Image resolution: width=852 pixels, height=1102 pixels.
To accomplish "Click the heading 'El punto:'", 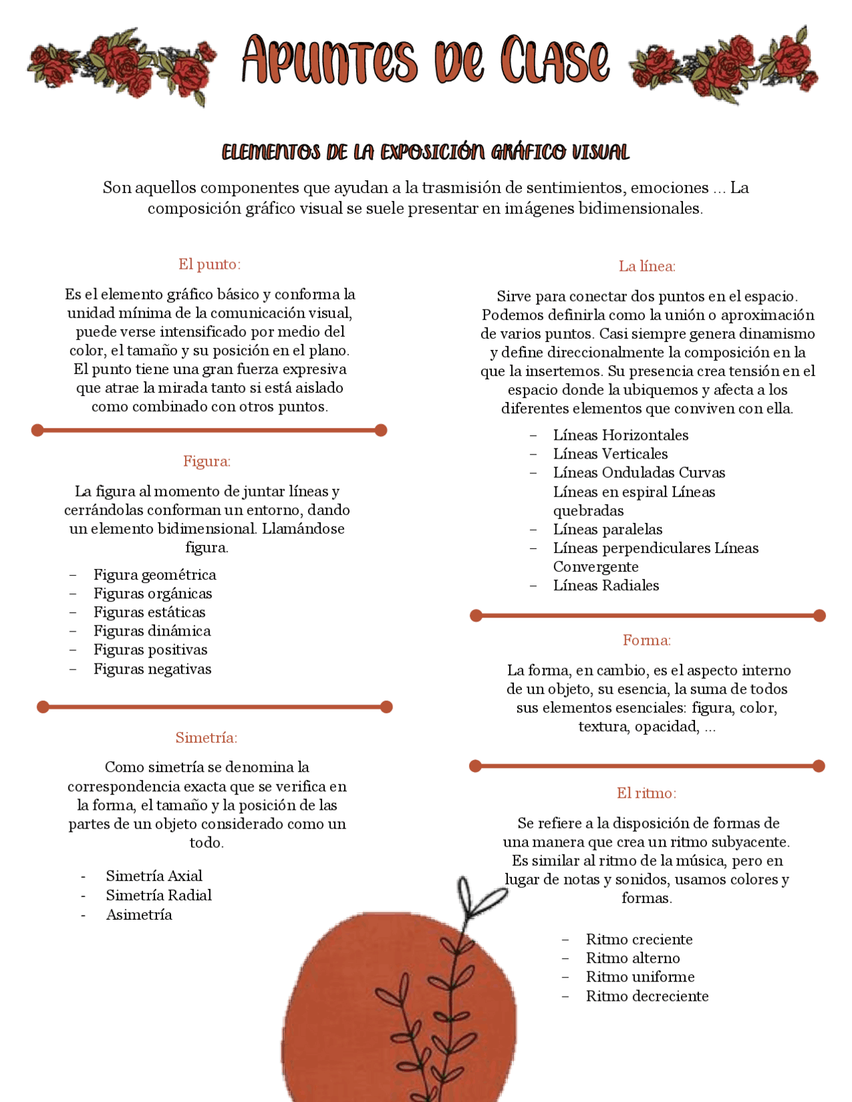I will pos(209,264).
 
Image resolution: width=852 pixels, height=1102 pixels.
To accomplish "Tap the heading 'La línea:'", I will pos(646,266).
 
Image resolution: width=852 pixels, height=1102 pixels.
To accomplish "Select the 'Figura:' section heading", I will pos(207,461).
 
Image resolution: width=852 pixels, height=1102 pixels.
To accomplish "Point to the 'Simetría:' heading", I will pos(206,737).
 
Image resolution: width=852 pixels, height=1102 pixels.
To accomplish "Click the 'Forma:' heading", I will pos(646,640).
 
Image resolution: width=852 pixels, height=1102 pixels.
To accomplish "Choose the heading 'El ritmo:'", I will pos(646,793).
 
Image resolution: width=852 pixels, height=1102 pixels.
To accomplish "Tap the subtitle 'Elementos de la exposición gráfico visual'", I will pos(425,152).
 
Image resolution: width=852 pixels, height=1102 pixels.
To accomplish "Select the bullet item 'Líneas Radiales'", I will pos(606,586).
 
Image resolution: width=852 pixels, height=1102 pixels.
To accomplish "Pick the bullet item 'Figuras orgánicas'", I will pos(152,594).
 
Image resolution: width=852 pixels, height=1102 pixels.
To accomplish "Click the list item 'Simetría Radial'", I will pos(158,895).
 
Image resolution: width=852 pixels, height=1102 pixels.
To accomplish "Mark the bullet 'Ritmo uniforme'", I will pos(640,977).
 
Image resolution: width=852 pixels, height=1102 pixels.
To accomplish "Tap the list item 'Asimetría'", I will pos(139,914).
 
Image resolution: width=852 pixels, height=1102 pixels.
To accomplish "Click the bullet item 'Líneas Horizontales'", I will pos(620,435).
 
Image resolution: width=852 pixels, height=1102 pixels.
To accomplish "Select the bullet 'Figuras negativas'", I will pos(152,669).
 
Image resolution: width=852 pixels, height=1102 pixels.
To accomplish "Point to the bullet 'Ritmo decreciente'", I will pos(646,996).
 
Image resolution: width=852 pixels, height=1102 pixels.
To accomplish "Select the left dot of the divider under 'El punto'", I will pos(38,431).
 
